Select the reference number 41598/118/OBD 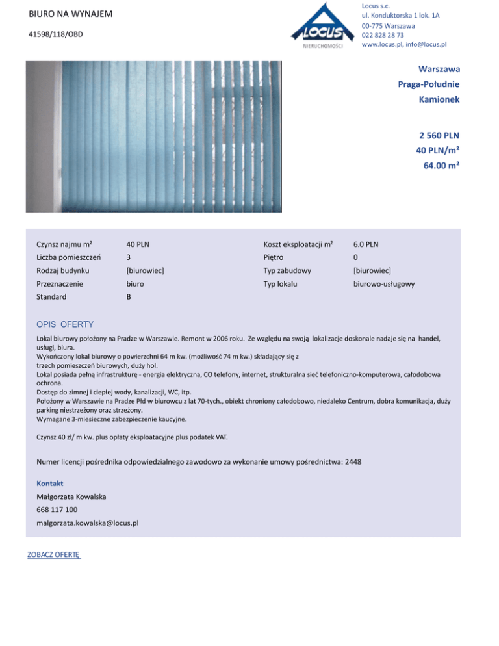point(55,34)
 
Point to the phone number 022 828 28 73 point(383,35)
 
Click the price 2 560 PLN point(440,135)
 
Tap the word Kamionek point(440,99)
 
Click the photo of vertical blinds point(155,136)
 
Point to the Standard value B point(129,296)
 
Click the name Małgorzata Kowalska point(71,497)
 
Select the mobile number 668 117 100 point(57,510)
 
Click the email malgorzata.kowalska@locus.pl point(87,523)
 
